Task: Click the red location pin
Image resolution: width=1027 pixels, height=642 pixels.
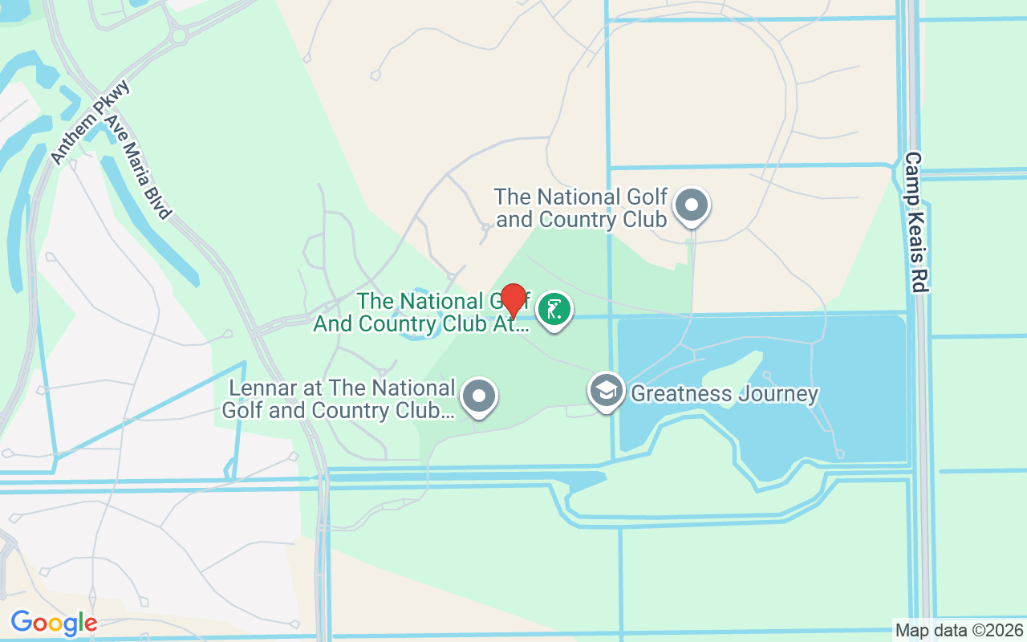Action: (513, 299)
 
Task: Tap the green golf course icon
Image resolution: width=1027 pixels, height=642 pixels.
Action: (553, 309)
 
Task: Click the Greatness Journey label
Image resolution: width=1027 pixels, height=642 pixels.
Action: (724, 394)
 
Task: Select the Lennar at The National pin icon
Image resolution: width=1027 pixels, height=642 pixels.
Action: (480, 396)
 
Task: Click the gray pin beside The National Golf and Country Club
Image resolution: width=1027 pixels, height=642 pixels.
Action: (691, 205)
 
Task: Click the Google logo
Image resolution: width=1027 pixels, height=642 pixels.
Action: (54, 623)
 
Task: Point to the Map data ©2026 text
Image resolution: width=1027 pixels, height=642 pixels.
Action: (960, 630)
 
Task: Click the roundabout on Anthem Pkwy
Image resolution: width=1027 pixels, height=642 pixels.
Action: (178, 35)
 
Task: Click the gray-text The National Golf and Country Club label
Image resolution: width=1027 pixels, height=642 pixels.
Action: (581, 208)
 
